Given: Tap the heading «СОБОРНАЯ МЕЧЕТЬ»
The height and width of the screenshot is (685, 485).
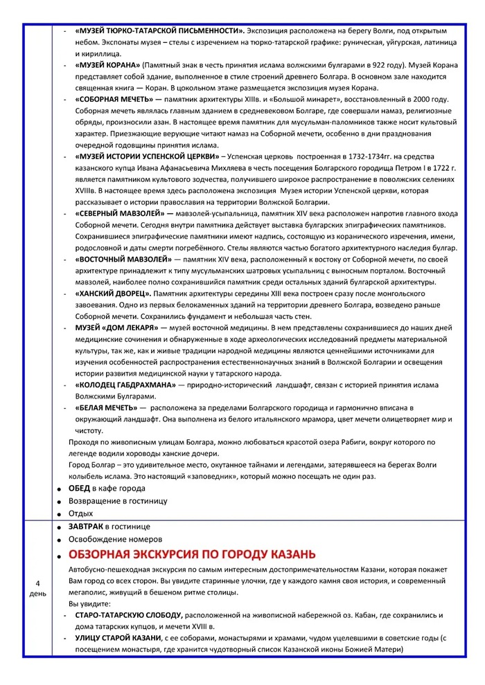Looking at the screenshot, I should tap(116, 99).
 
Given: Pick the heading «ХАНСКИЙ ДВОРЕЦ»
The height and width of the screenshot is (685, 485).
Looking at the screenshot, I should tap(113, 293).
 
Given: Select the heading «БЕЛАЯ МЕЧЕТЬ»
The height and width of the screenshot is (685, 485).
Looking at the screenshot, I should tap(107, 408).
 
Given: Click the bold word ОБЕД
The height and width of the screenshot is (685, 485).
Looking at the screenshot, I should tap(79, 488).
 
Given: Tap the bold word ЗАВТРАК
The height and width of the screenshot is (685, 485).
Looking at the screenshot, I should tap(85, 527).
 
